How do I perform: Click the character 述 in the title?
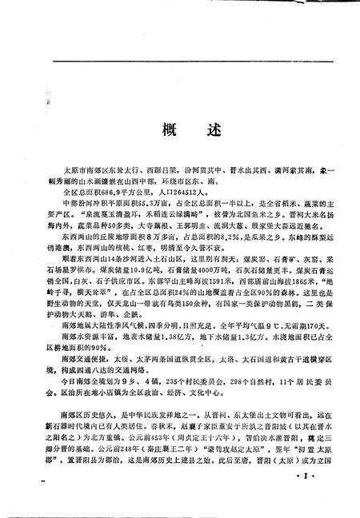click(197, 130)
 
